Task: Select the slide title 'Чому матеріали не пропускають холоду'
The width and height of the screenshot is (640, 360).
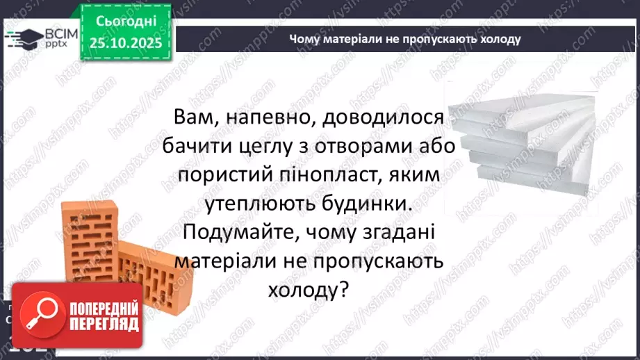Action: click(x=405, y=39)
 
